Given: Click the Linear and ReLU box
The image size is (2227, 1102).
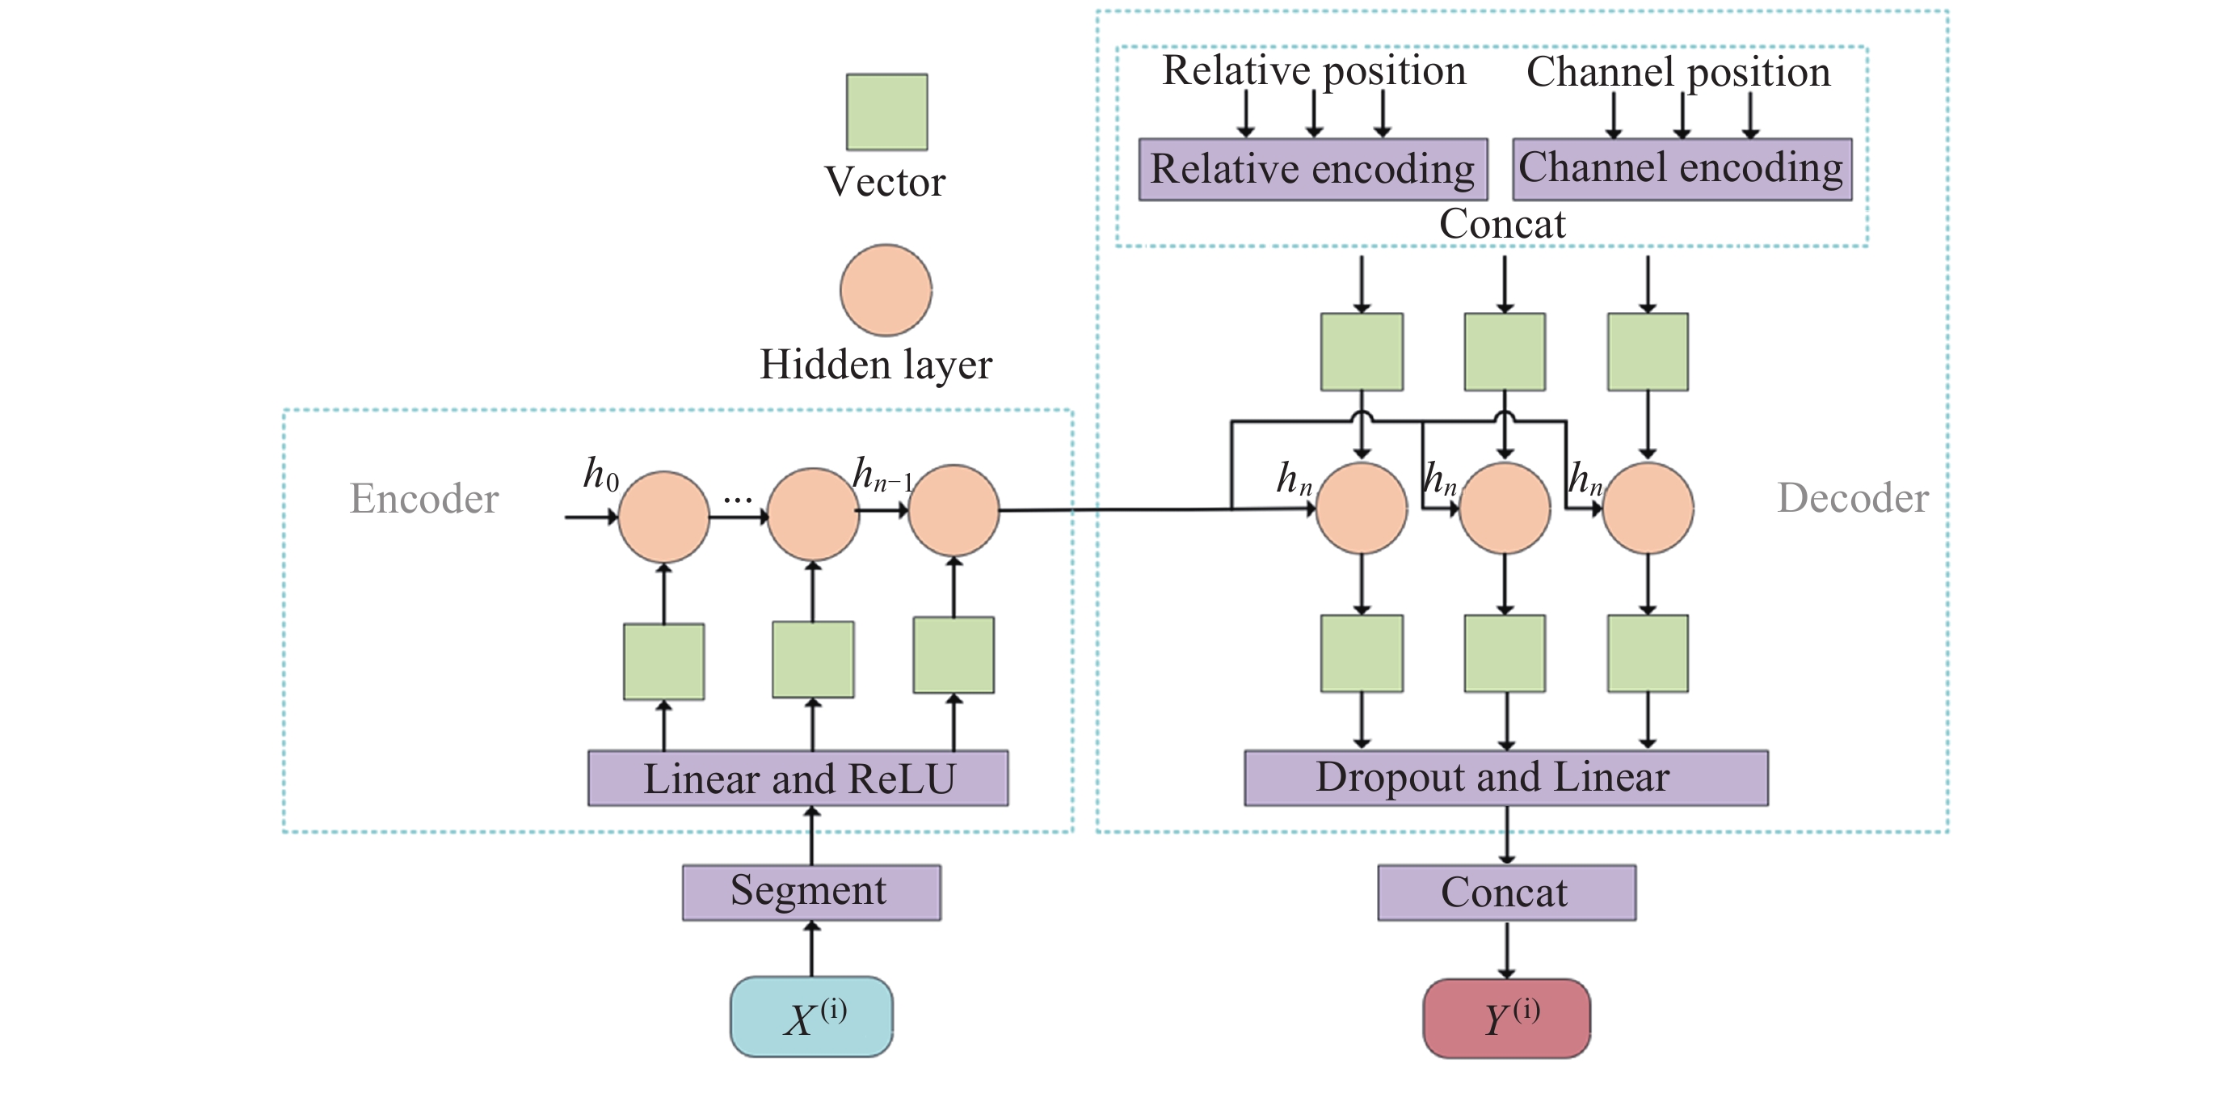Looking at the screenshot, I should (798, 779).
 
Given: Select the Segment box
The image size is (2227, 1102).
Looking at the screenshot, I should (811, 892).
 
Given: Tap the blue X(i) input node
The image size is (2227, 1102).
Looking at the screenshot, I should (811, 1016).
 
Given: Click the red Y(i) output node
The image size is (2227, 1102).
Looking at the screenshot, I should (1506, 1018).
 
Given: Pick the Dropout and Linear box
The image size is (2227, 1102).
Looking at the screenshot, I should (1505, 778).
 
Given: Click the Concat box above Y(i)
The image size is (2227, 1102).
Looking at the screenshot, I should (1506, 892).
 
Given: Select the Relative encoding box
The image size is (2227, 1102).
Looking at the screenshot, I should (1312, 170).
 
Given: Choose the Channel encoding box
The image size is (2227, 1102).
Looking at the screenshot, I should (1682, 169).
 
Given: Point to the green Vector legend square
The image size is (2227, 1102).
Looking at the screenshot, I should (886, 112).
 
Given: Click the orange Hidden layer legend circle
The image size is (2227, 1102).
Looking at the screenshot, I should (886, 289).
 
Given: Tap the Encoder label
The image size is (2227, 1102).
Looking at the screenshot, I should (423, 499).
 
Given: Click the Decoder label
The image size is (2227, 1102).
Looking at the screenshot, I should (1852, 498).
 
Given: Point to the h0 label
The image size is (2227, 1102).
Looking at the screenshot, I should (600, 474).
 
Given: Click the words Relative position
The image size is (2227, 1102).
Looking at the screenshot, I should (1313, 71).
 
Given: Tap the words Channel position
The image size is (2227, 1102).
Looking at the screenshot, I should (1678, 72).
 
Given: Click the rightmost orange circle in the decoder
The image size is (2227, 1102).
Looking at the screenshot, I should (1648, 509).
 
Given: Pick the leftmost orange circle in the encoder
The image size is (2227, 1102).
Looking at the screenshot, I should (663, 517).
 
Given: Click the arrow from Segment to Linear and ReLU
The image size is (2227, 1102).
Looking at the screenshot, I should (811, 835).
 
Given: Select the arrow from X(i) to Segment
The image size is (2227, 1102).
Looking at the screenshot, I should (811, 949).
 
